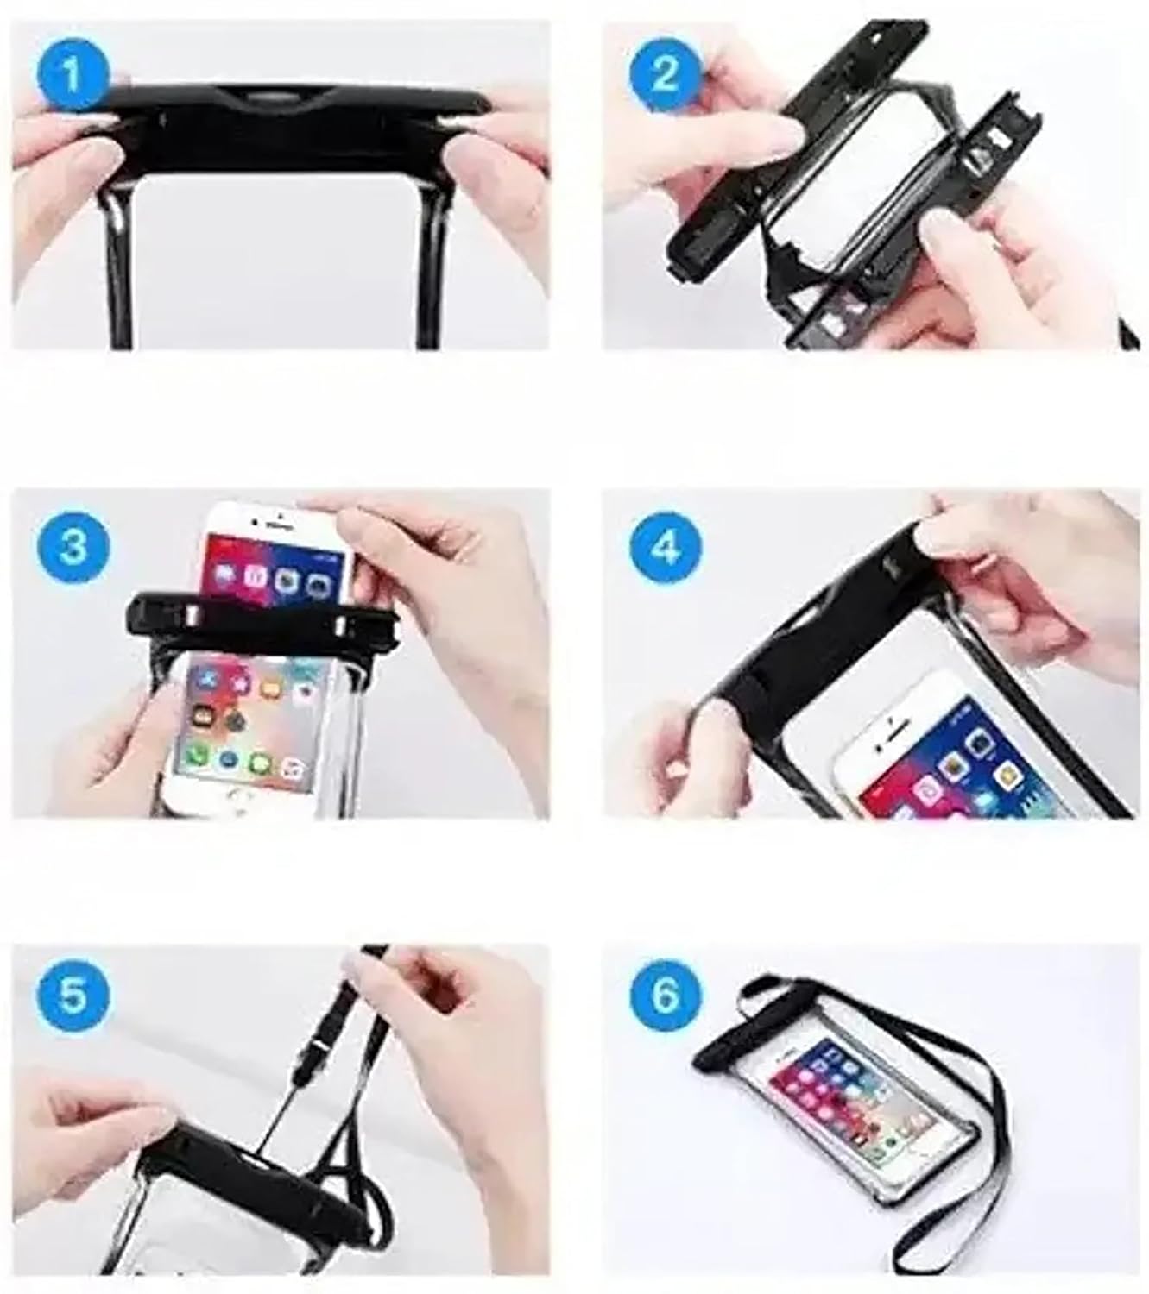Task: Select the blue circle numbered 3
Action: tap(73, 546)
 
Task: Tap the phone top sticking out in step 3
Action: tap(276, 543)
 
